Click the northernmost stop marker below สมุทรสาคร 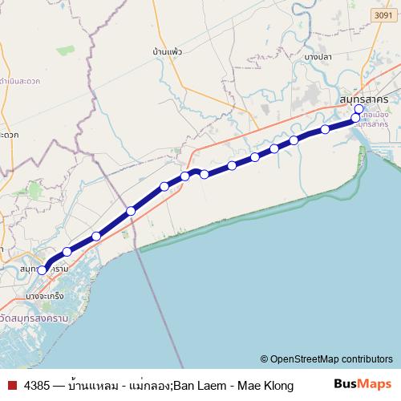click(358, 110)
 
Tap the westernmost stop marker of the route click(43, 270)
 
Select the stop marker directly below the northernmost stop click(356, 119)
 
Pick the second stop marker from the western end click(67, 252)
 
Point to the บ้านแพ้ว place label click(167, 51)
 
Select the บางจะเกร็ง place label click(45, 297)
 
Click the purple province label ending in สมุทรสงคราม click(34, 318)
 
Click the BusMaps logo click(364, 384)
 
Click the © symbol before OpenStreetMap click(264, 359)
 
